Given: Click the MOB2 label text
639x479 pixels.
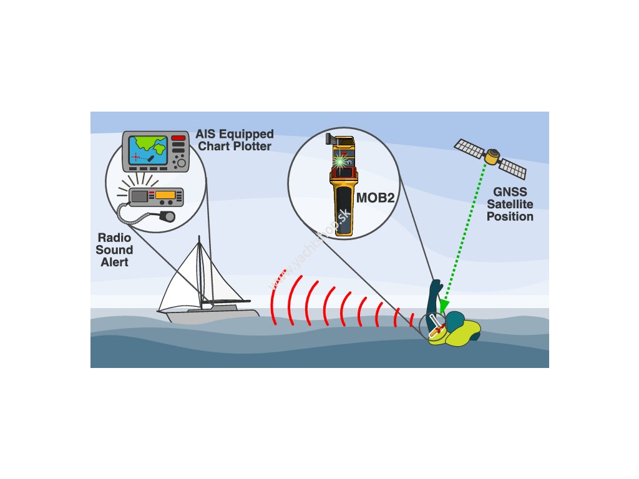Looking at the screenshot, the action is click(x=376, y=199).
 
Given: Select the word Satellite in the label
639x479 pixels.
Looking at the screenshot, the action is click(x=510, y=204).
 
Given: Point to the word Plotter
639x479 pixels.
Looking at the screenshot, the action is click(x=251, y=146).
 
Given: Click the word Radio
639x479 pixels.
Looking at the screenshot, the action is click(x=114, y=238).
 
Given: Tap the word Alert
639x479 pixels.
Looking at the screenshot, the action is click(x=114, y=262).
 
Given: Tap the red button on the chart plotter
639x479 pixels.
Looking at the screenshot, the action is click(x=178, y=137).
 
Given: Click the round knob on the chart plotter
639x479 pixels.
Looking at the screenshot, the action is click(x=180, y=163).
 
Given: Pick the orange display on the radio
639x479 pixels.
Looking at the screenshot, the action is click(x=165, y=195).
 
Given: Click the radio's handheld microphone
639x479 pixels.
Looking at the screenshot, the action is click(x=166, y=216).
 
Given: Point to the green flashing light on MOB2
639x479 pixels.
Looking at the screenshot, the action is click(x=341, y=160).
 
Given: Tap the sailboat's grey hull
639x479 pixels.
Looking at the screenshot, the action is click(x=212, y=314).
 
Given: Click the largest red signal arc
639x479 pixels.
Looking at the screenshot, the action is click(x=275, y=298).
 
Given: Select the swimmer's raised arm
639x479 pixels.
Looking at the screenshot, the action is click(x=434, y=300).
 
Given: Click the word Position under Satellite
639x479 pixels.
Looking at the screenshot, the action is click(x=510, y=217).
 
